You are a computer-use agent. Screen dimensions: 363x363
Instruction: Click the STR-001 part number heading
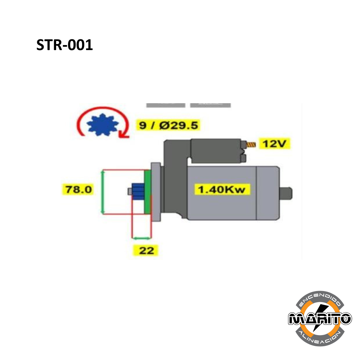tap(65, 45)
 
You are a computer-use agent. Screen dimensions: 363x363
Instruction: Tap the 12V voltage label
tap(274, 144)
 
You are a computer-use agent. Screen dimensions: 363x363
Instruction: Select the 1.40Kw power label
tap(221, 190)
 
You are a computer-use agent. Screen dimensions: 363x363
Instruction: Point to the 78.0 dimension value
tap(78, 189)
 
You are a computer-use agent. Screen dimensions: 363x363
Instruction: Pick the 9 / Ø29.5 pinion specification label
tap(168, 125)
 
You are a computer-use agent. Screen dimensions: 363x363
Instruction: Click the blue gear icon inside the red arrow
tap(103, 125)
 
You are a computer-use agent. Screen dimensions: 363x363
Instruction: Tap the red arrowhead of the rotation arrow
tap(123, 134)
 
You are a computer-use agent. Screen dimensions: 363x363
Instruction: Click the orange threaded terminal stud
tap(251, 145)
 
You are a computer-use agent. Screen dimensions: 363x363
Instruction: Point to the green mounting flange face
tap(148, 192)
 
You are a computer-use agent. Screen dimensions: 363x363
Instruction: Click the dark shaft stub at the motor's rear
tap(286, 194)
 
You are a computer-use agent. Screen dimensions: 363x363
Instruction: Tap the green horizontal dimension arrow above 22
tap(141, 238)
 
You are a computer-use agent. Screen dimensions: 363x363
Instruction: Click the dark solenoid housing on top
tap(215, 151)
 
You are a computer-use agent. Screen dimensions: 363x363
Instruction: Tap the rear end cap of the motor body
tap(268, 193)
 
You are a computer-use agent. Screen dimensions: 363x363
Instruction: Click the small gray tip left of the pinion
tap(130, 192)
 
